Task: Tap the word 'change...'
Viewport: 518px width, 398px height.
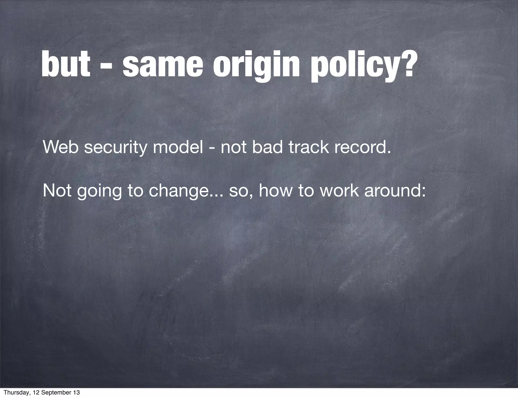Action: (186, 191)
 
